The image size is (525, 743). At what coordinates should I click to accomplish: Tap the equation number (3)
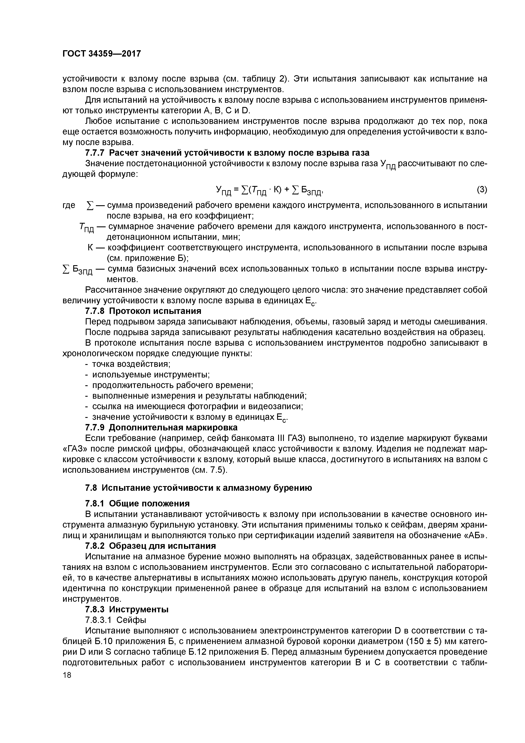click(482, 190)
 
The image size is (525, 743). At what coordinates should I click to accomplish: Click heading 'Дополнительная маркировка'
click(173, 427)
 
